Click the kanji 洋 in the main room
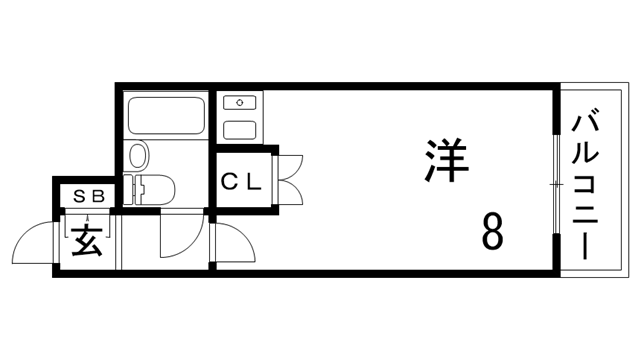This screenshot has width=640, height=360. [447, 160]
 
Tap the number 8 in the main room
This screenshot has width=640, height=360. [491, 233]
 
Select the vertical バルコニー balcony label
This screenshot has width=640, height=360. [585, 185]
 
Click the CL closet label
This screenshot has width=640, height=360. [241, 182]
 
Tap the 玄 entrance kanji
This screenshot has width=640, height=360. [87, 241]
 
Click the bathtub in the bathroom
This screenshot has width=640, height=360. [167, 116]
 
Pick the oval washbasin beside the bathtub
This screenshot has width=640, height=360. [138, 155]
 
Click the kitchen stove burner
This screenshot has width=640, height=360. [238, 102]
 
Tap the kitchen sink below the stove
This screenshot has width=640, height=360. [238, 129]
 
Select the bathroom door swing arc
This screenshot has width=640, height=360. [180, 240]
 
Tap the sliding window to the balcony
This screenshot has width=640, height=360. [555, 185]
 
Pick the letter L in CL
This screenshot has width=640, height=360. [254, 182]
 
